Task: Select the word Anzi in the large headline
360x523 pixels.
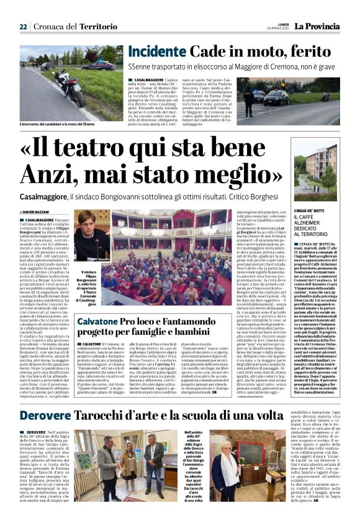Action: coord(70,170)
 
